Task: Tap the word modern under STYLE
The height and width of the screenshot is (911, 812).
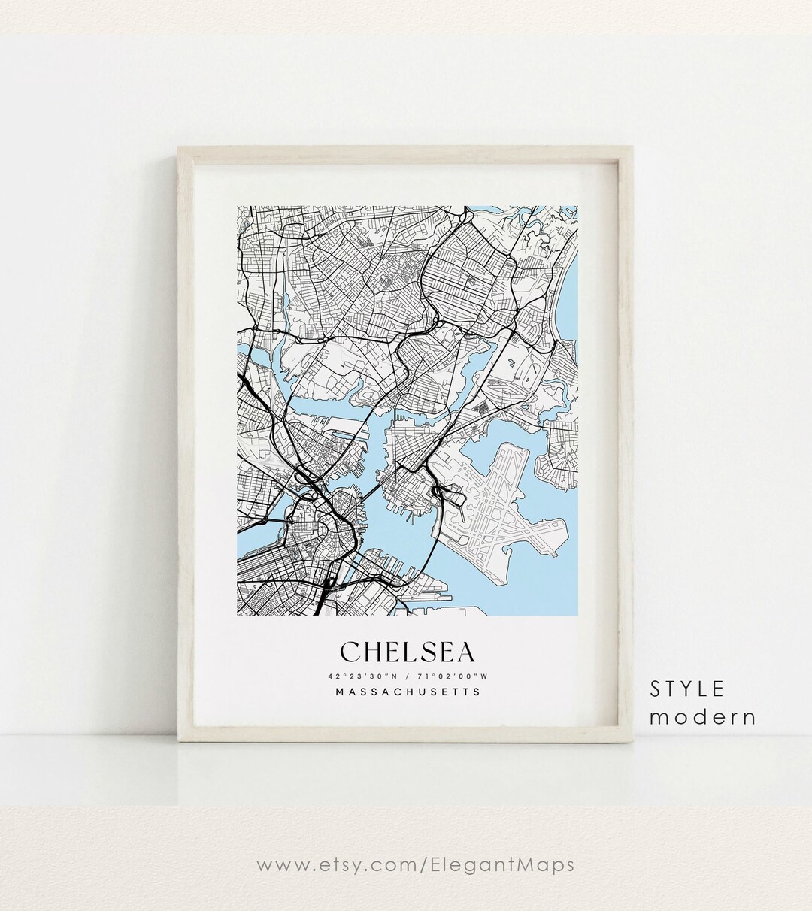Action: coord(703,717)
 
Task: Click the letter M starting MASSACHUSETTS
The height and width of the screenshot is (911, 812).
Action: coord(341,692)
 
